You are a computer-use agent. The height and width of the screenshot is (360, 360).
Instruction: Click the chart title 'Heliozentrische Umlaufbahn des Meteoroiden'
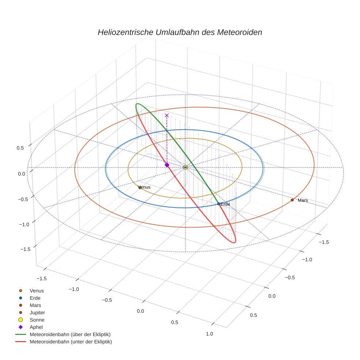(180, 32)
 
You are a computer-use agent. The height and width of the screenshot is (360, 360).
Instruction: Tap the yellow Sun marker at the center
(185, 167)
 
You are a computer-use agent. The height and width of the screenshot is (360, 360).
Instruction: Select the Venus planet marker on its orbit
(140, 188)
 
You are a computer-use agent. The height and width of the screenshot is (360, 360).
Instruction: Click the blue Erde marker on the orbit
(219, 204)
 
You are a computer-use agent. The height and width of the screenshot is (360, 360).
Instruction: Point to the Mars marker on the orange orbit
(292, 200)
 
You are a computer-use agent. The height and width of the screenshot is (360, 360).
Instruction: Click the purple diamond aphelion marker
(167, 165)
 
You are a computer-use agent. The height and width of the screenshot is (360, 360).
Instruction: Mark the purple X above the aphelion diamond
(167, 115)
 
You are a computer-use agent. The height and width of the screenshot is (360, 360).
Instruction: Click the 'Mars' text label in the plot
(303, 200)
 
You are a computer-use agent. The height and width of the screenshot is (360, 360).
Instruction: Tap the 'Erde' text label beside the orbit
(225, 204)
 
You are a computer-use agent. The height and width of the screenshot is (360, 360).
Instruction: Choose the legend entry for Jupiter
(37, 312)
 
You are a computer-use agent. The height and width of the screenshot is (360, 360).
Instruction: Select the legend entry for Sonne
(37, 320)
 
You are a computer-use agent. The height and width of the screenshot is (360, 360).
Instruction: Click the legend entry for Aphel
(36, 327)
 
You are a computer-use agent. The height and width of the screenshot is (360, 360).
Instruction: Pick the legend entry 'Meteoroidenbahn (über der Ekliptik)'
(70, 334)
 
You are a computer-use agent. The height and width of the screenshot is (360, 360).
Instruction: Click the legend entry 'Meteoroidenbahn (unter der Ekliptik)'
(71, 342)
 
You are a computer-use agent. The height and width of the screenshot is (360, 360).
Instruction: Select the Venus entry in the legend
(37, 290)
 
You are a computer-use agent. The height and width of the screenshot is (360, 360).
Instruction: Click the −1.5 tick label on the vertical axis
(25, 249)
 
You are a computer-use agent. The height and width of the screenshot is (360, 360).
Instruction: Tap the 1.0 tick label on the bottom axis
(209, 333)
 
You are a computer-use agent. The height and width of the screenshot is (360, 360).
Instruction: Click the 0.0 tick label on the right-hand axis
(272, 296)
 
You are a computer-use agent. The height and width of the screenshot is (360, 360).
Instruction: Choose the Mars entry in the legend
(35, 305)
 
